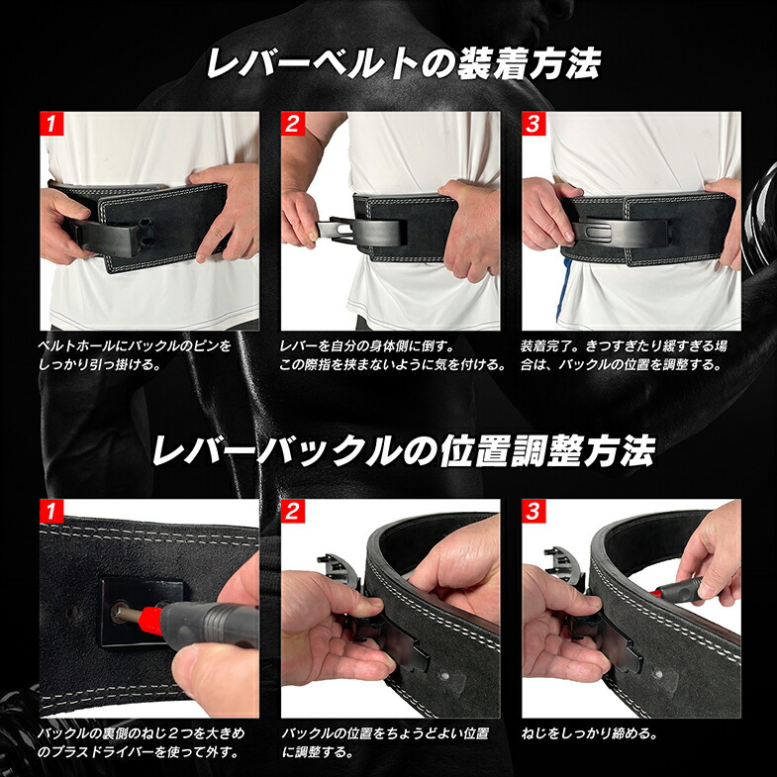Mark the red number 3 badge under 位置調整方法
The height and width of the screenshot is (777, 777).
533,511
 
